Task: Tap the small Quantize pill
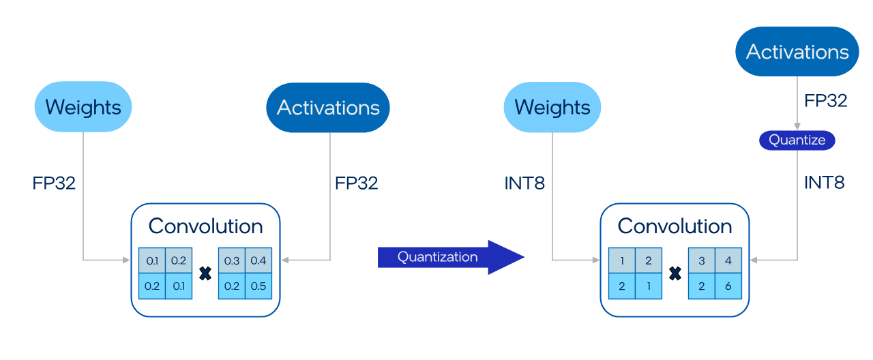pyautogui.click(x=797, y=140)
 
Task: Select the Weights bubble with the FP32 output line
pyautogui.click(x=83, y=107)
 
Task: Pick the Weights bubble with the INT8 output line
pyautogui.click(x=552, y=107)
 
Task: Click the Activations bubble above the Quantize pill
pyautogui.click(x=797, y=52)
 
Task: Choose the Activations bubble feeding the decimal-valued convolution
pyautogui.click(x=328, y=108)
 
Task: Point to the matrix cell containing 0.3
pyautogui.click(x=232, y=260)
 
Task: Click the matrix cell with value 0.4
pyautogui.click(x=258, y=260)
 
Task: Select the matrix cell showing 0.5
pyautogui.click(x=258, y=286)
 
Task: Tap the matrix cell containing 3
pyautogui.click(x=701, y=260)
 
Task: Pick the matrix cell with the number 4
pyautogui.click(x=728, y=260)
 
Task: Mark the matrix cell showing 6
pyautogui.click(x=728, y=286)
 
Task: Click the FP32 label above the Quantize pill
pyautogui.click(x=826, y=101)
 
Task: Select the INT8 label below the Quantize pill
pyautogui.click(x=825, y=183)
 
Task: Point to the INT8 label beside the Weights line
pyautogui.click(x=524, y=183)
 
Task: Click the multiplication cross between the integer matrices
pyautogui.click(x=675, y=273)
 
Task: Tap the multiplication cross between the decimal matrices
pyautogui.click(x=205, y=273)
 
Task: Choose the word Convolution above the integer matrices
pyautogui.click(x=675, y=226)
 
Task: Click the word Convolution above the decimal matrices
pyautogui.click(x=205, y=226)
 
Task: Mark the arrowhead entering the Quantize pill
pyautogui.click(x=797, y=127)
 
